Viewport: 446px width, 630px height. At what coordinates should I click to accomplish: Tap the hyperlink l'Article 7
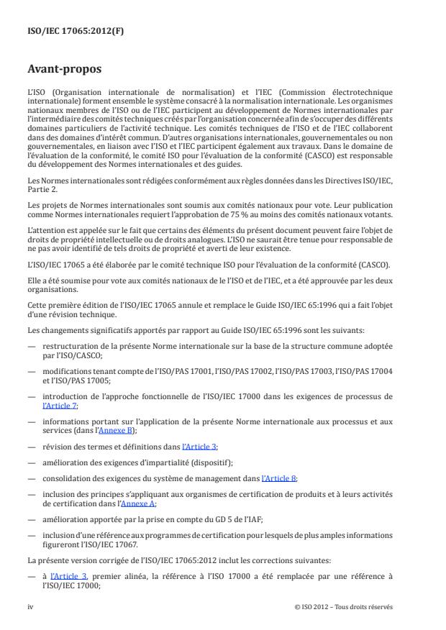click(60, 406)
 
